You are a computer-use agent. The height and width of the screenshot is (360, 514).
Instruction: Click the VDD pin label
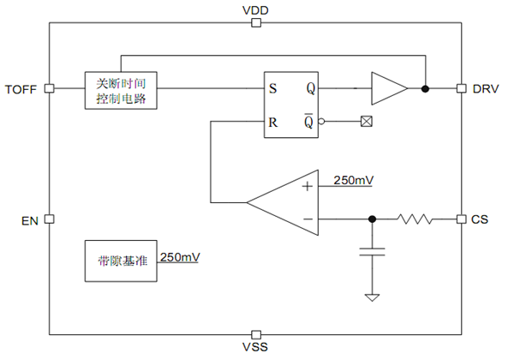click(255, 9)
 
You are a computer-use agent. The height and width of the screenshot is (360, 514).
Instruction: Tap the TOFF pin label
click(21, 88)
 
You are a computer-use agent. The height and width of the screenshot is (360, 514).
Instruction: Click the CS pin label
click(480, 220)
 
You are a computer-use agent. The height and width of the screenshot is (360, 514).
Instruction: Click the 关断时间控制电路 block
click(121, 90)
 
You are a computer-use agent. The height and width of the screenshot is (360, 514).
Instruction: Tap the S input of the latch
click(272, 88)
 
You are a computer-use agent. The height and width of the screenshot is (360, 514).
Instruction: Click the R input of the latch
click(272, 122)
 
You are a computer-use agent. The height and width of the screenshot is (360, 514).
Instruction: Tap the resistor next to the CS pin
click(415, 219)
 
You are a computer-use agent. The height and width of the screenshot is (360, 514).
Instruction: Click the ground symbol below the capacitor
click(373, 297)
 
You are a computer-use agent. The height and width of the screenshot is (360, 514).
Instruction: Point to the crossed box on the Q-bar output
click(367, 122)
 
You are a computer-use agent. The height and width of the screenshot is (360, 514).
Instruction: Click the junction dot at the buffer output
click(426, 88)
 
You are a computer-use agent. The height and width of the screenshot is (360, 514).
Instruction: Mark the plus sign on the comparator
click(306, 185)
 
